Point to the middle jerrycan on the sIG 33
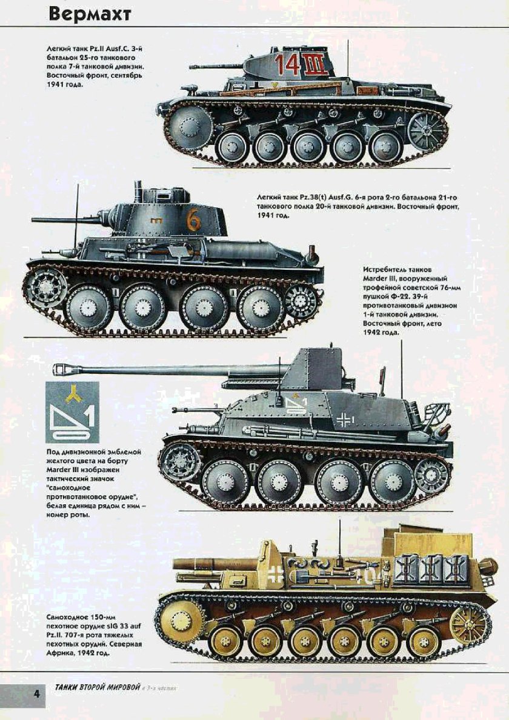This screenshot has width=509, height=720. [431, 570]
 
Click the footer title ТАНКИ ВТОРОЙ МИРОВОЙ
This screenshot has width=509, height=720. [96, 687]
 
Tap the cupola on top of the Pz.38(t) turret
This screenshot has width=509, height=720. [178, 194]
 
